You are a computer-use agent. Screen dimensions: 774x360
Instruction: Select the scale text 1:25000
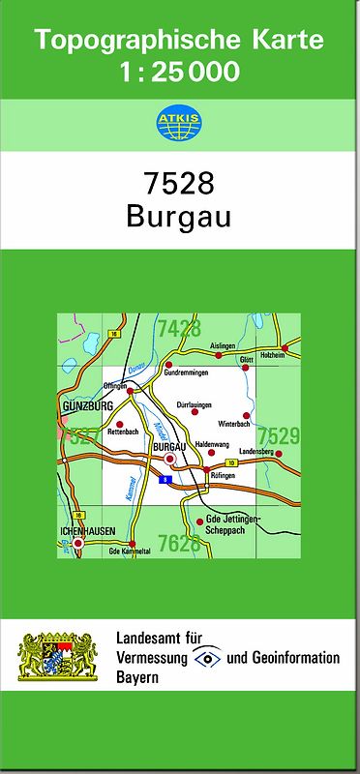tap(181, 71)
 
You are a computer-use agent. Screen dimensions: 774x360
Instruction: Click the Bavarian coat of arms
tap(58, 656)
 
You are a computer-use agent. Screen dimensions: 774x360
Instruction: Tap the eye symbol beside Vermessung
tap(207, 658)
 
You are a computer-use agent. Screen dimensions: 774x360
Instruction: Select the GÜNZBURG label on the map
tap(87, 406)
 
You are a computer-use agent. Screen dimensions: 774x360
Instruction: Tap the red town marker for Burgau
tap(170, 460)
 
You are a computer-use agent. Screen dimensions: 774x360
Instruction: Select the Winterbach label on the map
tap(234, 425)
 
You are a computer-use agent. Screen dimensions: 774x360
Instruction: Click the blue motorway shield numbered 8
tap(166, 479)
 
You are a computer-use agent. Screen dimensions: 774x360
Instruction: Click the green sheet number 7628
tap(179, 544)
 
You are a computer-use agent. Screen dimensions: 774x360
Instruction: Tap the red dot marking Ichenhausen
tap(77, 545)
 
